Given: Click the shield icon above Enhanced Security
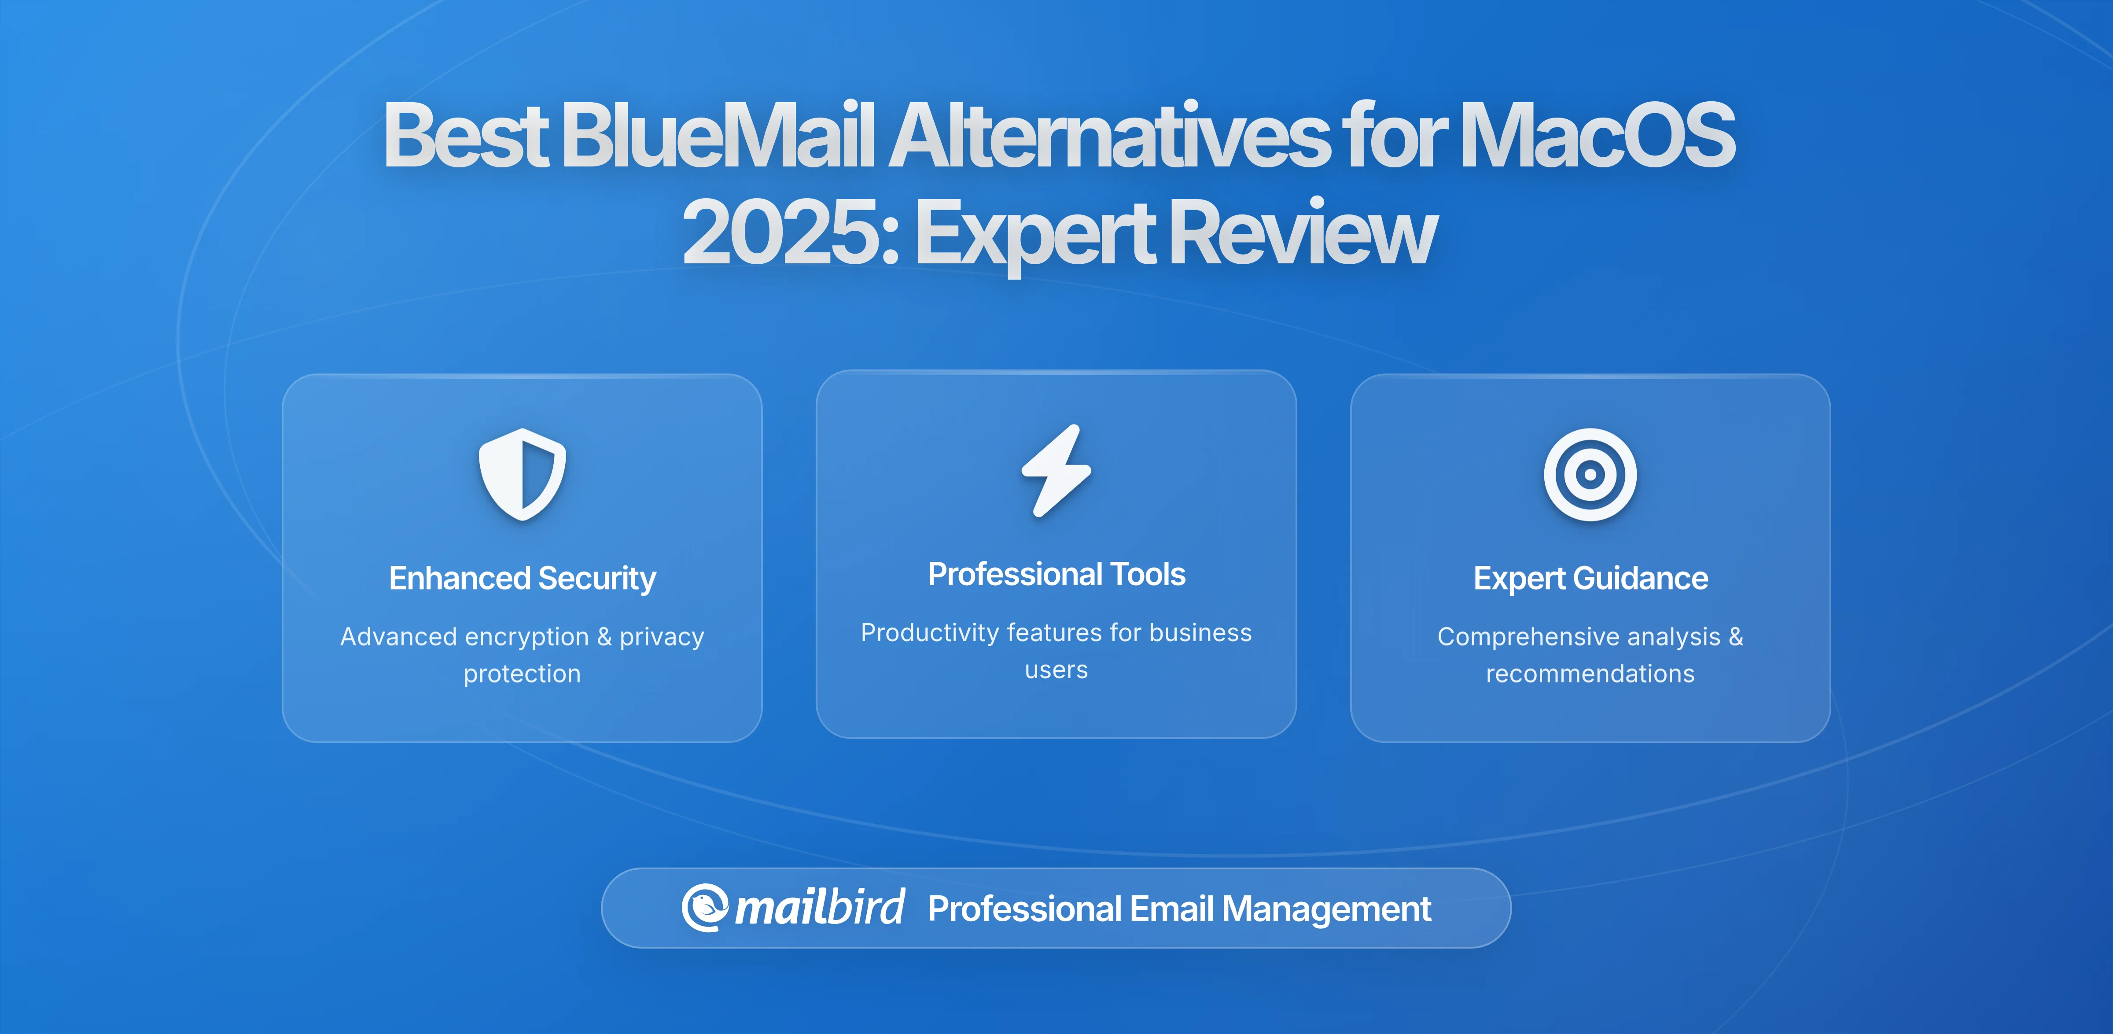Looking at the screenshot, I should (523, 474).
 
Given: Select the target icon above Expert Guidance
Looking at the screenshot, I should (1590, 474).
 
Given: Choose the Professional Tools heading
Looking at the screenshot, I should (1056, 574).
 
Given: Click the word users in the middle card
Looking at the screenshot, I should (1056, 670).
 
